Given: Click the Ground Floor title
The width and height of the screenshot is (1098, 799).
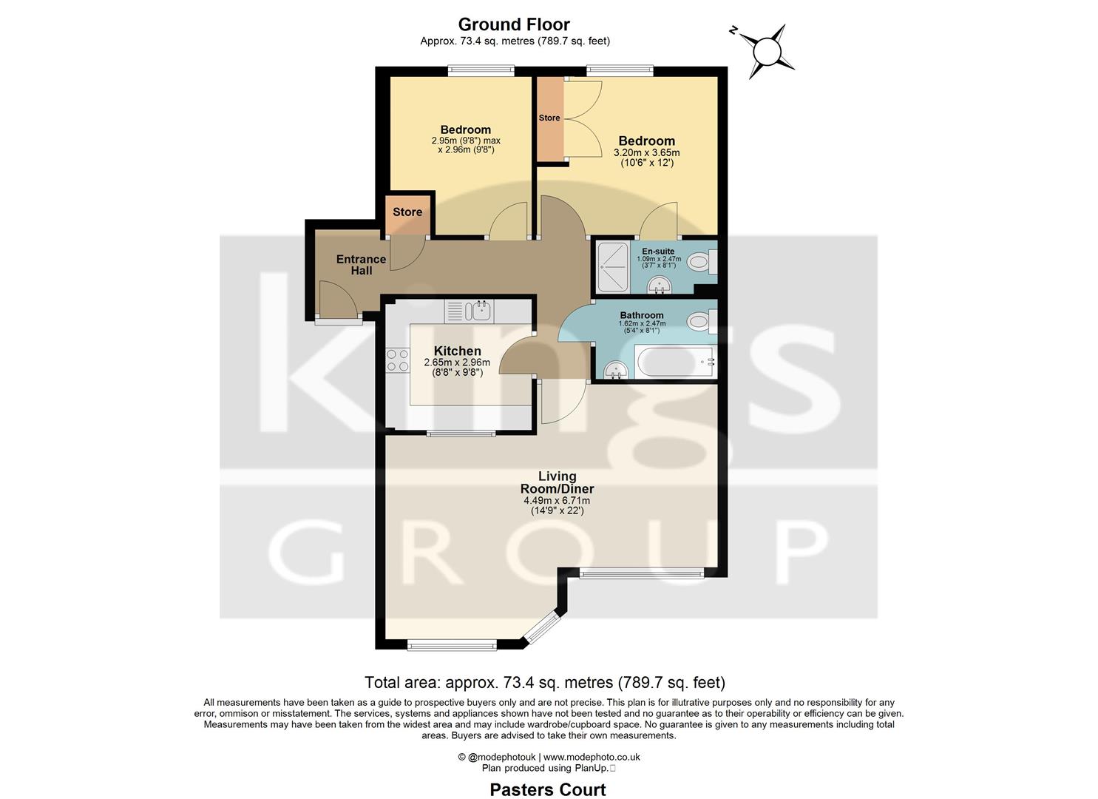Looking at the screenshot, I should pos(514,24).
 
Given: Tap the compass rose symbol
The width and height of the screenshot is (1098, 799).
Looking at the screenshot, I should pos(766,51).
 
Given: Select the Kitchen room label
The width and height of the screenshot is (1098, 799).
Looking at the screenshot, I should pos(457,351).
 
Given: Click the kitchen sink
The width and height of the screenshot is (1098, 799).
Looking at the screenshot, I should pos(479,311).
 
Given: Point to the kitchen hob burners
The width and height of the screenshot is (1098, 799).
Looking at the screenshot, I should pos(398,360).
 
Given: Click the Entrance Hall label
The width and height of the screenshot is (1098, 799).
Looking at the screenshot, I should pos(361,265).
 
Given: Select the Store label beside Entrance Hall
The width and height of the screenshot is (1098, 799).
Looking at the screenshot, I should pos(407,212).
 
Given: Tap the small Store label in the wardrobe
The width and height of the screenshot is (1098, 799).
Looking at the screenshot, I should pos(549,118).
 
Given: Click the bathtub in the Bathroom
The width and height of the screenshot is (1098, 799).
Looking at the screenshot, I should pos(674,362).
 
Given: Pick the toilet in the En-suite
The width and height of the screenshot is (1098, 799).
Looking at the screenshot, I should pos(699,261).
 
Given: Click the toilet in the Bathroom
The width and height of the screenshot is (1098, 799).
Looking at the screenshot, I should pos(699,321).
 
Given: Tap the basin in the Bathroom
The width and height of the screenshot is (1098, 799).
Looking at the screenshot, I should pos(614,370).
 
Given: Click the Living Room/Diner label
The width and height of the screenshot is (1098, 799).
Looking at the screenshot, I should pos(557,482).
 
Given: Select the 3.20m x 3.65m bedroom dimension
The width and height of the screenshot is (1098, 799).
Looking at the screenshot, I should pos(646,153).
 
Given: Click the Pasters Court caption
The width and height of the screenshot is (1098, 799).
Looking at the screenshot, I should pos(548,789).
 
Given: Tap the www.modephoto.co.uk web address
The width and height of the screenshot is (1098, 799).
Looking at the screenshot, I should pos(592,757).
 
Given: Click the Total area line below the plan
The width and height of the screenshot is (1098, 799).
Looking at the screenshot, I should pos(545,682).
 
